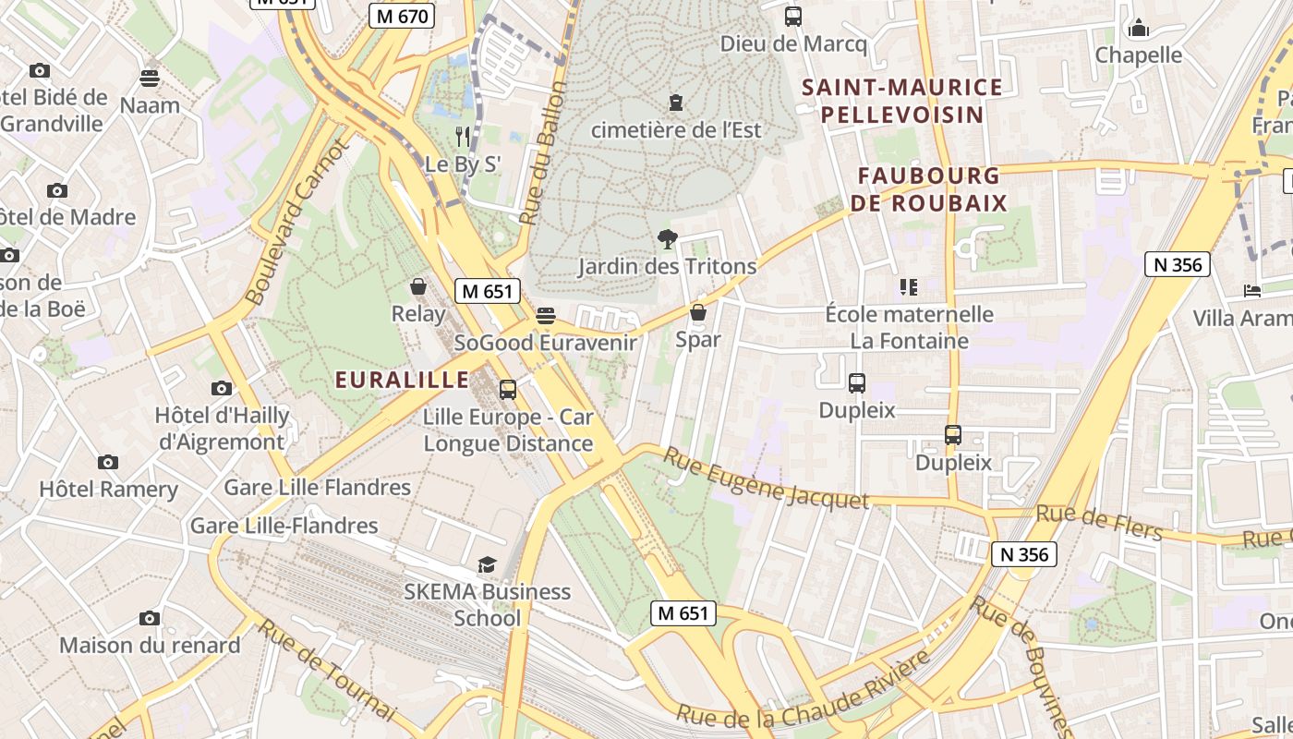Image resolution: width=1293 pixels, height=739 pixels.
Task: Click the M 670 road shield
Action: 402,16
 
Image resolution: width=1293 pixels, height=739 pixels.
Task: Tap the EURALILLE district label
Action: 402,380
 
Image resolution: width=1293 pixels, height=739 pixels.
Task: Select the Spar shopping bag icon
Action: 698,312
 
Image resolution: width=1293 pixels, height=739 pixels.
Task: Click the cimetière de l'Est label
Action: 676,130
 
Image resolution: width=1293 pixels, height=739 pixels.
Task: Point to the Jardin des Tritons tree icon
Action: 667,240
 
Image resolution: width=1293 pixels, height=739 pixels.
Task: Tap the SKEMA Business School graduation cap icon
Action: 487,564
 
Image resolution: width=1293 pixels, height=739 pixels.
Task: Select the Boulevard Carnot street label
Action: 296,223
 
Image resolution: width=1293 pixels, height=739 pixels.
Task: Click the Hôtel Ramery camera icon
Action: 108,462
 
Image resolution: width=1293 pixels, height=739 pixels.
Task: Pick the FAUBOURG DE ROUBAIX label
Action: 930,188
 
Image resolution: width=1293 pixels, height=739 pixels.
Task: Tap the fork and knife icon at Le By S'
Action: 463,138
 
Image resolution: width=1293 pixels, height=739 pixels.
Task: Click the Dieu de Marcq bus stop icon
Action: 792,17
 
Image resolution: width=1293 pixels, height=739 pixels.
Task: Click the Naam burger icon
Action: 150,78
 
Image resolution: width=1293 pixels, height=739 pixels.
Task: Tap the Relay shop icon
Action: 418,286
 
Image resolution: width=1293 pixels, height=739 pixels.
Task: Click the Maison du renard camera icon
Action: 150,618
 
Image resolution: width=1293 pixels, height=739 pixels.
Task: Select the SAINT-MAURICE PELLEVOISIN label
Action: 902,101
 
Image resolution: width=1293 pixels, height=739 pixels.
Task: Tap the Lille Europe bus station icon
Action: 508,390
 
